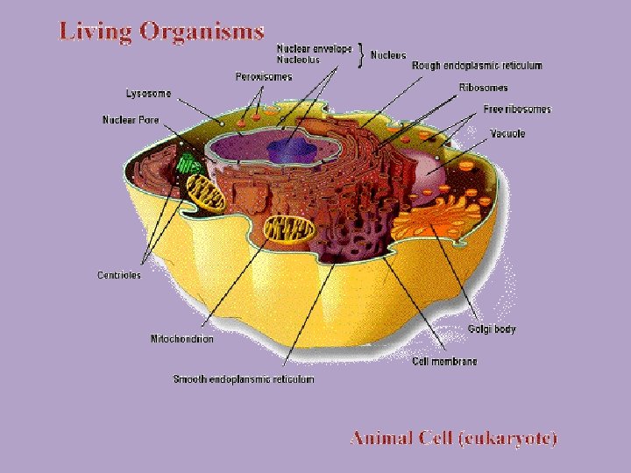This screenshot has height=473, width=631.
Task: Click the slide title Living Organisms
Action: click(x=161, y=32)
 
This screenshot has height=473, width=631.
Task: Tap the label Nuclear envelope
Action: click(x=315, y=49)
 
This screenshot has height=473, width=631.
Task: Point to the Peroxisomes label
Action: click(x=263, y=77)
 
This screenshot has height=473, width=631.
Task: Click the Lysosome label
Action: click(x=148, y=93)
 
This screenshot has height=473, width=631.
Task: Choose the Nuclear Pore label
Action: click(x=131, y=120)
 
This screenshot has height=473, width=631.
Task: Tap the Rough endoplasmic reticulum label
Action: click(x=477, y=66)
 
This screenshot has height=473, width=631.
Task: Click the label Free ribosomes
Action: click(x=517, y=109)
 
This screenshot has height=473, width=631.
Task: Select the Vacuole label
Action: click(x=508, y=134)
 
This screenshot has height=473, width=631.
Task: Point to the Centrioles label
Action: click(x=118, y=275)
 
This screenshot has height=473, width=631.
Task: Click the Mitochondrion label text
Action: click(x=181, y=338)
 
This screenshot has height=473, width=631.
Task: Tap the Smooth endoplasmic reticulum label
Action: click(x=243, y=379)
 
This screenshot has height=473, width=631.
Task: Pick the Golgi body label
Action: click(x=492, y=329)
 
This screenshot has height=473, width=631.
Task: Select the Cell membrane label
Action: click(x=444, y=361)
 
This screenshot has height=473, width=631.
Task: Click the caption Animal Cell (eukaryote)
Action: click(x=454, y=438)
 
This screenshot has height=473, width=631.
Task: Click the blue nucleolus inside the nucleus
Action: click(x=291, y=148)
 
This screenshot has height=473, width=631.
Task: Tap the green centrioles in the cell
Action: click(x=188, y=164)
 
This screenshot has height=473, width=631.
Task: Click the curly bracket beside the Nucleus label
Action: click(x=362, y=55)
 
